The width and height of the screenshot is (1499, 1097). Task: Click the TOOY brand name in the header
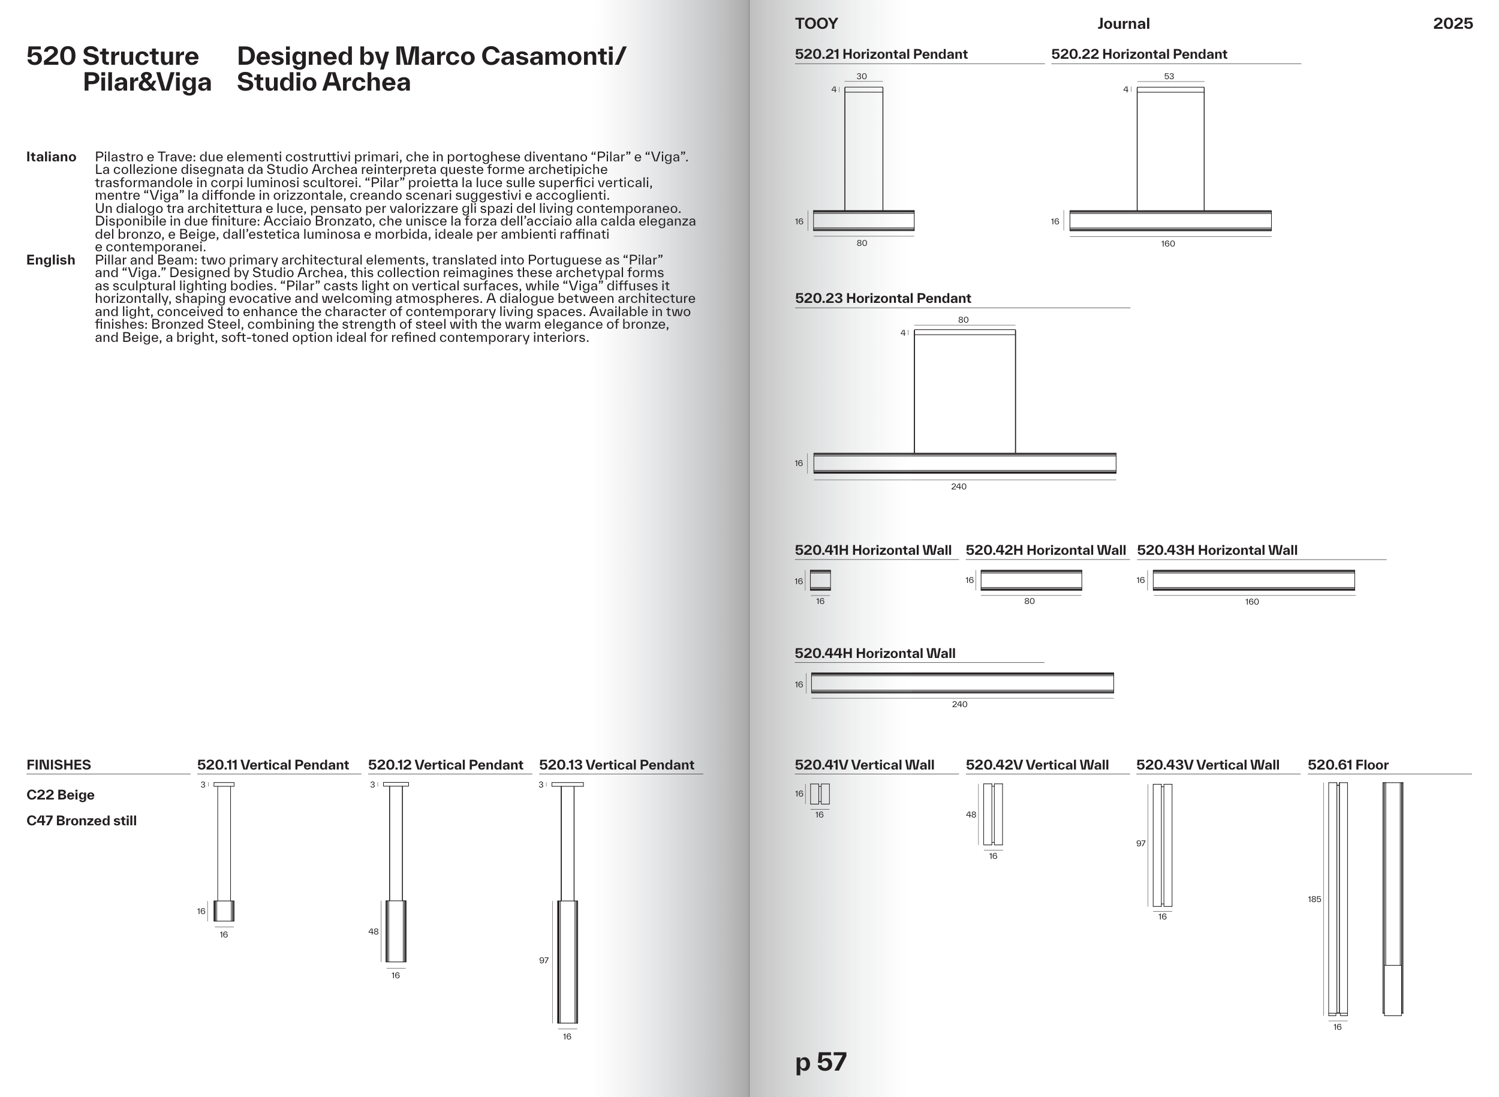[x=816, y=24]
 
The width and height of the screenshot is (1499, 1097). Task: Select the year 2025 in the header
[x=1452, y=24]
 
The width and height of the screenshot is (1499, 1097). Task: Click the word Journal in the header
[x=1122, y=24]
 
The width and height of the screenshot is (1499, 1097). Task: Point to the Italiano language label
[x=51, y=157]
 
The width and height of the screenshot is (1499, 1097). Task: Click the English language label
[x=50, y=260]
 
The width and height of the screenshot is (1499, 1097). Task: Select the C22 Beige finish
[x=61, y=795]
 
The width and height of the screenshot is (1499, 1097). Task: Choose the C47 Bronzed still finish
[x=82, y=821]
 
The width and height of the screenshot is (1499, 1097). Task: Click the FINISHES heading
[x=58, y=765]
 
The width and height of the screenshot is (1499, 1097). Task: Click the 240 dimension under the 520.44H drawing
[x=959, y=705]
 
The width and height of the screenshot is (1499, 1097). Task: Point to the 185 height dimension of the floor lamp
[x=1314, y=900]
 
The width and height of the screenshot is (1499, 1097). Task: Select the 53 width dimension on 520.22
[x=1169, y=76]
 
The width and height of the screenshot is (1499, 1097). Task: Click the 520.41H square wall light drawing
[x=820, y=581]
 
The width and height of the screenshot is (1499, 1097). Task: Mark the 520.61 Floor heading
[x=1348, y=765]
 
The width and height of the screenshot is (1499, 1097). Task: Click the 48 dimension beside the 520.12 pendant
[x=374, y=931]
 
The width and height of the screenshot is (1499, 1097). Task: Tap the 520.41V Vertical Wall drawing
[x=820, y=794]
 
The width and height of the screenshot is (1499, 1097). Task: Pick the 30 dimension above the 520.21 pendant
[x=862, y=76]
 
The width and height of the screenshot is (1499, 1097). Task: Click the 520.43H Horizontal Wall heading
[x=1217, y=551]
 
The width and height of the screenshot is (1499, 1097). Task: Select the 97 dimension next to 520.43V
[x=1140, y=844]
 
